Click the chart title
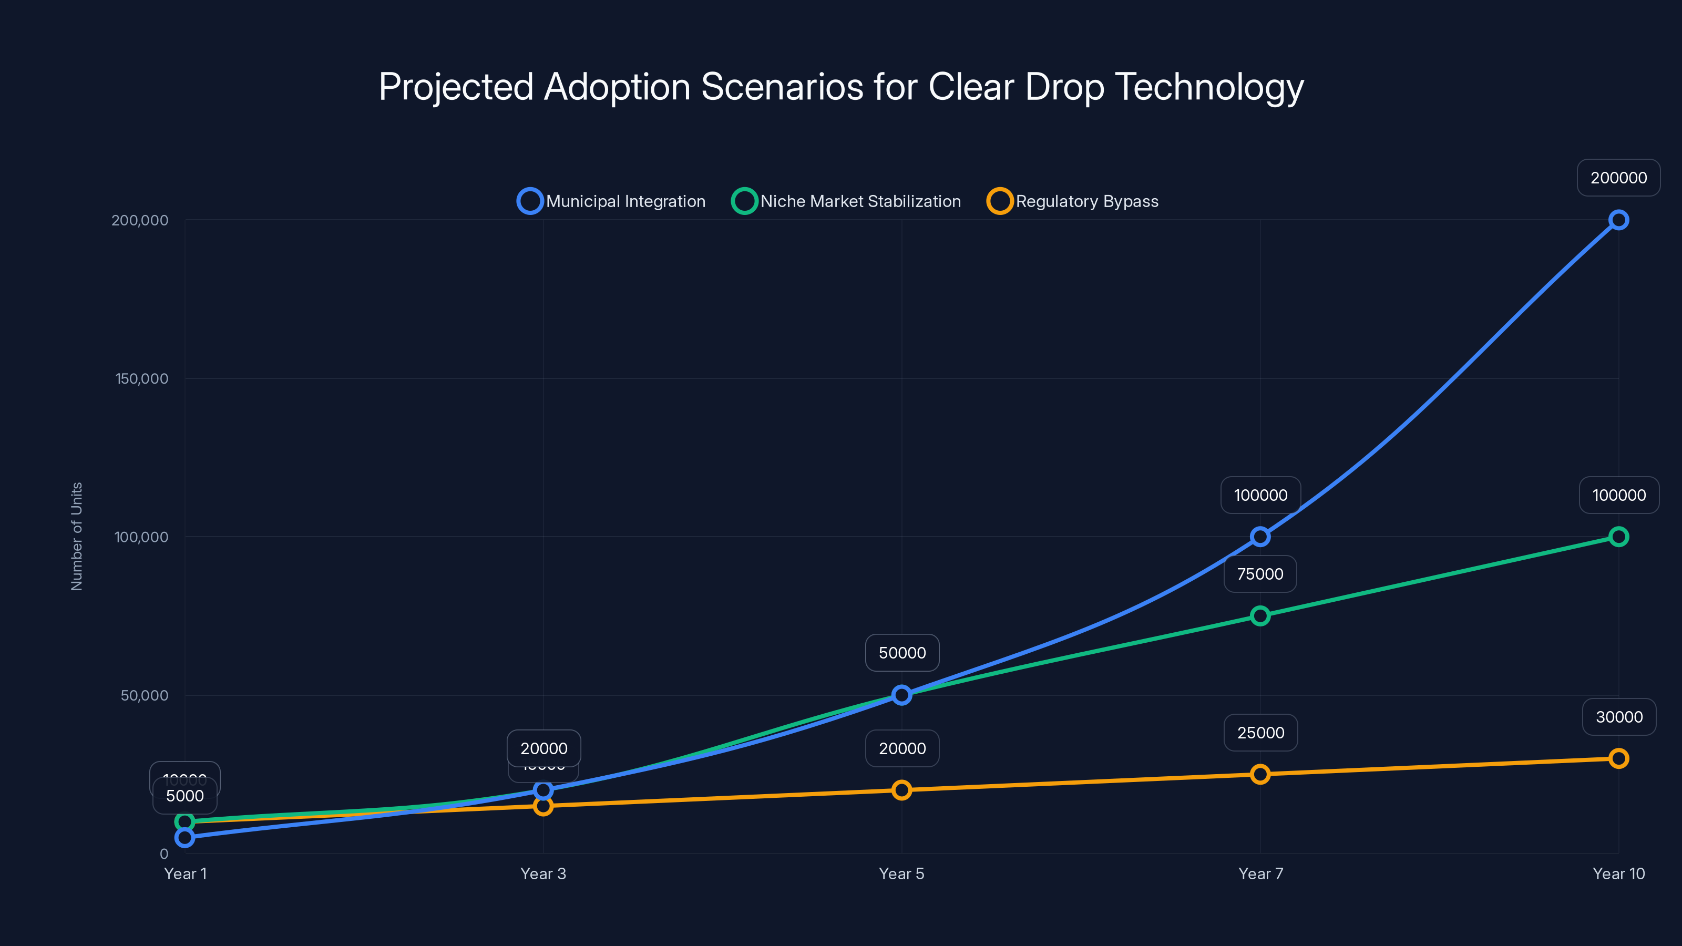841,87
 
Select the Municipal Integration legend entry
612,201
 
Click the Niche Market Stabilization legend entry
847,201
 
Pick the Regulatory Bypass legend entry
1073,201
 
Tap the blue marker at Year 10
1618,220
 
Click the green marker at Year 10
1618,537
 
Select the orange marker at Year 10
1618,758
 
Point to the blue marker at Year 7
1260,537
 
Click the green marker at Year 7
1260,615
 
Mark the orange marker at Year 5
902,790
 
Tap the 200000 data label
1618,178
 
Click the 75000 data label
1260,574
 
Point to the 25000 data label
1260,733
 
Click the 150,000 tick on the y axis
142,378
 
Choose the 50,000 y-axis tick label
145,695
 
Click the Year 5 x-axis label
902,873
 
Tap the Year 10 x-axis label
1618,873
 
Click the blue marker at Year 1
185,837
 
